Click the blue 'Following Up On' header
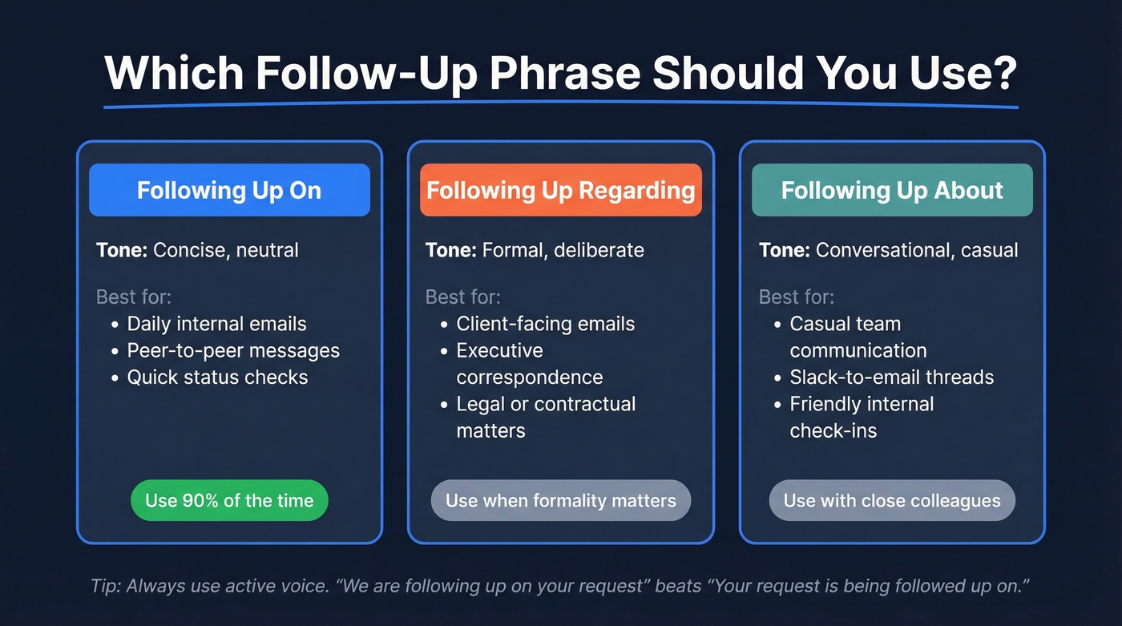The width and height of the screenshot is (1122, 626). [x=229, y=191]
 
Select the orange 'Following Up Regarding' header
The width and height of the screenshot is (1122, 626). [x=560, y=191]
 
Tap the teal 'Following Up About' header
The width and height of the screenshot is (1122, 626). [x=892, y=191]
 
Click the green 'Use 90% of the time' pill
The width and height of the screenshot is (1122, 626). [x=229, y=501]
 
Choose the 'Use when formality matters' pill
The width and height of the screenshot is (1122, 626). [x=560, y=501]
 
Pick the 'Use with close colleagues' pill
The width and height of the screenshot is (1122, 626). [x=892, y=501]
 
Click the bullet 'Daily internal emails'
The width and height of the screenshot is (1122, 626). [x=216, y=324]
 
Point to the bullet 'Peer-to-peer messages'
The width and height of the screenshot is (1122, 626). [x=233, y=350]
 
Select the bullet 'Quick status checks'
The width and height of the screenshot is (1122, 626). [x=217, y=377]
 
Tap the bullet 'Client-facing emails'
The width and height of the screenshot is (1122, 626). [x=545, y=324]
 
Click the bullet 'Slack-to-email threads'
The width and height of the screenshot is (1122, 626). [x=891, y=377]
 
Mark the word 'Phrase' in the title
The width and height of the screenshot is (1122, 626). [x=565, y=75]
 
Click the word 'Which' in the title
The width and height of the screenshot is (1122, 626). [x=174, y=75]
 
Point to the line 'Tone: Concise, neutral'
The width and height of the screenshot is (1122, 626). [x=197, y=250]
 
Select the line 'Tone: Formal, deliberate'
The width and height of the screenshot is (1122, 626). [x=535, y=250]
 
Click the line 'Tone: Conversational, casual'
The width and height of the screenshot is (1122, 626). [x=888, y=250]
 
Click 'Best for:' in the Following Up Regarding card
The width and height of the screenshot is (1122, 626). [x=462, y=297]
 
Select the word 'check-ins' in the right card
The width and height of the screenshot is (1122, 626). [x=833, y=430]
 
